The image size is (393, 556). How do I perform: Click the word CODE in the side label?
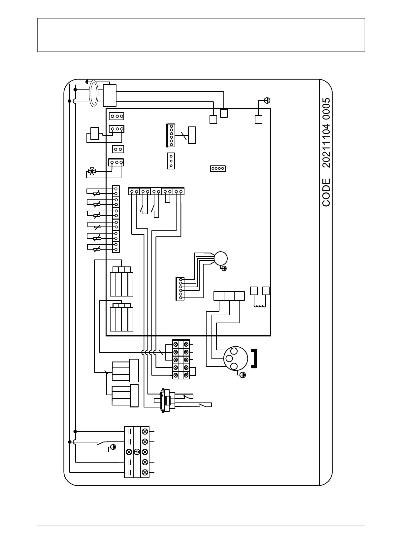click(x=326, y=192)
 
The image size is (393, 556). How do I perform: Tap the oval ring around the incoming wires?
click(x=94, y=94)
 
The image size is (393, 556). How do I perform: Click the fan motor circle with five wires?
click(x=220, y=258)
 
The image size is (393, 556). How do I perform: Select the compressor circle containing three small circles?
click(x=236, y=359)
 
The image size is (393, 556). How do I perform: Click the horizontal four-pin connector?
click(x=218, y=168)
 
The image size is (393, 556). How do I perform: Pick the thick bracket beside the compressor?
click(x=254, y=358)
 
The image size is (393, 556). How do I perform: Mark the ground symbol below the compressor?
click(x=243, y=375)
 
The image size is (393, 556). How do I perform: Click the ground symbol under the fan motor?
click(x=224, y=268)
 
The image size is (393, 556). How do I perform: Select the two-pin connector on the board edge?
click(x=118, y=149)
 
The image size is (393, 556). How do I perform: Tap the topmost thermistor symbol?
click(x=96, y=193)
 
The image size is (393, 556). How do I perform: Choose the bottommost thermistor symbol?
click(x=96, y=249)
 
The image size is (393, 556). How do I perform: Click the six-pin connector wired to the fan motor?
click(x=180, y=288)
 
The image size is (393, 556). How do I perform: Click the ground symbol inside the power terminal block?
click(x=137, y=452)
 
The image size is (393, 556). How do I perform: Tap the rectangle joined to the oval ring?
click(x=110, y=95)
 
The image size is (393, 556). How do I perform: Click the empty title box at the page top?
click(x=201, y=35)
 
